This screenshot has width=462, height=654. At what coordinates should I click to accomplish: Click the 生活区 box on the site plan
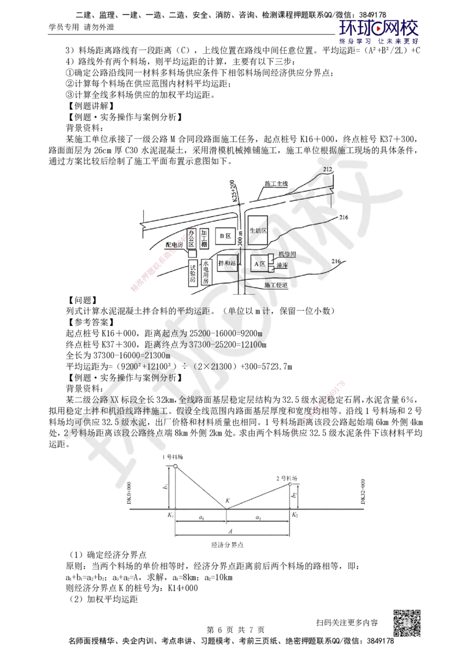click(258, 231)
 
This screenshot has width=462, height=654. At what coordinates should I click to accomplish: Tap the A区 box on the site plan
click(260, 263)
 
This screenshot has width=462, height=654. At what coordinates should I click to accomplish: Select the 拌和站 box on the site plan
click(226, 263)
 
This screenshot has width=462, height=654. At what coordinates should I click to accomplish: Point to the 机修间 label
click(287, 254)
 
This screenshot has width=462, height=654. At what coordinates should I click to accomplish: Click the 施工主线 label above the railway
click(275, 184)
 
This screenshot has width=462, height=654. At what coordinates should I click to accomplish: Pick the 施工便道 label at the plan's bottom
click(274, 285)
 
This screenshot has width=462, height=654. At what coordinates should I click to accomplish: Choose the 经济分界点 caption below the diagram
click(226, 545)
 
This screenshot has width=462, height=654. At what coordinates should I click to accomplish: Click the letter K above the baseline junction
click(227, 500)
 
